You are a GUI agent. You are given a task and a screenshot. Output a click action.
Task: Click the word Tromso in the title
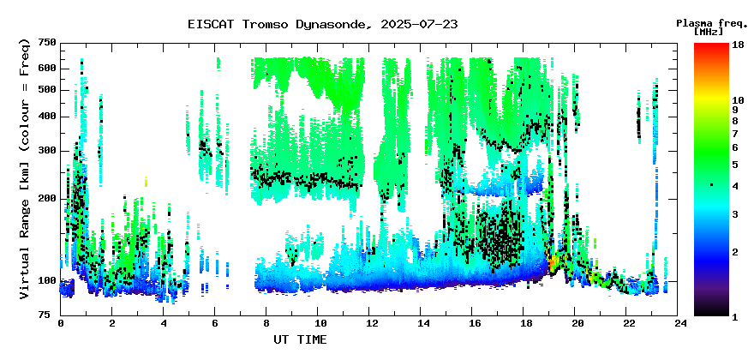click(x=264, y=25)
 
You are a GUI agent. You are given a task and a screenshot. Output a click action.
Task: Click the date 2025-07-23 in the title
click(x=419, y=25)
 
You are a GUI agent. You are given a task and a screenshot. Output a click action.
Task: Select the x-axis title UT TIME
click(x=300, y=339)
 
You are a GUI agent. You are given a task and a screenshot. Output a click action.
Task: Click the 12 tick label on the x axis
click(x=368, y=323)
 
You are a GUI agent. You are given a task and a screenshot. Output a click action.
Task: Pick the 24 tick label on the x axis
click(x=677, y=323)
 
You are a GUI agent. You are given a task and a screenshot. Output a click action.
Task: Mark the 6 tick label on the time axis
click(x=215, y=323)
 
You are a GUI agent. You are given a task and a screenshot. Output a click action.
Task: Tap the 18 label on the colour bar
click(x=738, y=46)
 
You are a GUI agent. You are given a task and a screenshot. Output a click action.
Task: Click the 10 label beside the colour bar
click(x=738, y=100)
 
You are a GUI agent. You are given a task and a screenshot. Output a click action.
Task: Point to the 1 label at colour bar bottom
click(x=735, y=318)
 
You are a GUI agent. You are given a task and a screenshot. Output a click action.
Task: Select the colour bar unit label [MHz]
click(x=709, y=32)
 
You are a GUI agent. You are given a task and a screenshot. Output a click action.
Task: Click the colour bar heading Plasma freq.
click(x=712, y=23)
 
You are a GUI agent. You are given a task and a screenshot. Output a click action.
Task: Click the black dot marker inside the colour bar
click(x=711, y=184)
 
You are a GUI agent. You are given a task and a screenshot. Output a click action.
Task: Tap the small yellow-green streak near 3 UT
click(x=146, y=182)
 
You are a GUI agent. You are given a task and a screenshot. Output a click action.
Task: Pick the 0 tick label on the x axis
click(x=61, y=323)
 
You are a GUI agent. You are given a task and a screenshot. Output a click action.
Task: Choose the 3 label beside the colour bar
click(x=735, y=214)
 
